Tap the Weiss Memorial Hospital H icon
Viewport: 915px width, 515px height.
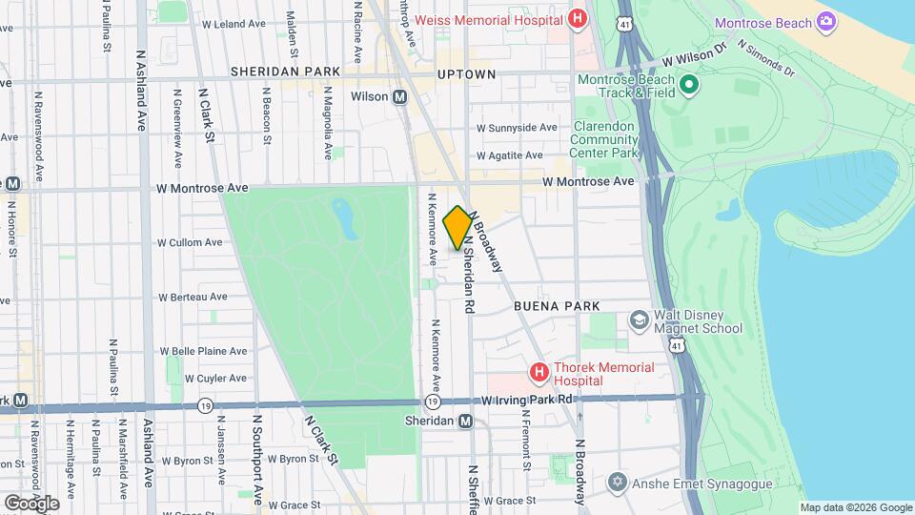(x=576, y=19)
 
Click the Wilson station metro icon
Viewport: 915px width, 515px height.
(x=400, y=97)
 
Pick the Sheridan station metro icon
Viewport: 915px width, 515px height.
(x=465, y=422)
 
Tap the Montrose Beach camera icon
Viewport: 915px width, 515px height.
(x=826, y=22)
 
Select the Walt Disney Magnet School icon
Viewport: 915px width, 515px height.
(x=637, y=319)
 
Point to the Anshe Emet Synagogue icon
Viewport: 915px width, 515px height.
(x=618, y=481)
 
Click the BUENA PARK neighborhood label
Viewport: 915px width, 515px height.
(x=557, y=306)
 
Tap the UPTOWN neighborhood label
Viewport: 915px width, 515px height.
(x=466, y=73)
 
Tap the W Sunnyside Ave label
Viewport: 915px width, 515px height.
(x=517, y=127)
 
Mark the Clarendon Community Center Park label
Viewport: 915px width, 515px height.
(x=604, y=139)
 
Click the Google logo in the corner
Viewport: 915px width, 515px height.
(x=30, y=502)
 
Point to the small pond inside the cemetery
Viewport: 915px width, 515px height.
(x=343, y=216)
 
